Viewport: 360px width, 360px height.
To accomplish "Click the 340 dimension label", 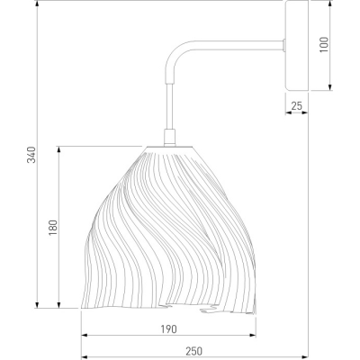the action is [x=31, y=155].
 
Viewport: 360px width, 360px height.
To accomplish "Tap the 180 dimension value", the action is [x=53, y=228].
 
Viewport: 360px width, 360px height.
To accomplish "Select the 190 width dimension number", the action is [x=168, y=329].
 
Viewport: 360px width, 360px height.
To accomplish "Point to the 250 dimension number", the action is [x=193, y=351].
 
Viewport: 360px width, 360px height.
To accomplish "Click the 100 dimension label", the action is [x=324, y=45].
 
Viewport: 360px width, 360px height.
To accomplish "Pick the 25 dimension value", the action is [x=297, y=106].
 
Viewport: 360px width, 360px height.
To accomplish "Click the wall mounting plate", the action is [x=297, y=45].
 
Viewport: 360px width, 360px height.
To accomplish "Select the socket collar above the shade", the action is [x=169, y=138].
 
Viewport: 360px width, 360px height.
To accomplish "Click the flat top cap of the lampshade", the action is [x=169, y=148].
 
